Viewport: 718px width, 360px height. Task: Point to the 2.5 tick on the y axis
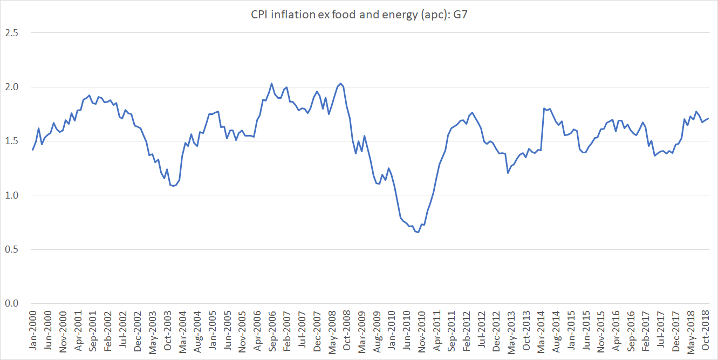(x=12, y=33)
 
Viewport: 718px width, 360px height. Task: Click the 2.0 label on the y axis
(x=12, y=87)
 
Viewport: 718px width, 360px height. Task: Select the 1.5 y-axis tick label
(x=12, y=141)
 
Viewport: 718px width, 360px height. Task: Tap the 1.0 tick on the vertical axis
(x=12, y=195)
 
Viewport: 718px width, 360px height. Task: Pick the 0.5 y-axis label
(x=12, y=249)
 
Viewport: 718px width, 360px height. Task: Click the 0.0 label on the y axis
(x=12, y=303)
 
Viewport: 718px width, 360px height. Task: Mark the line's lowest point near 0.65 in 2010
(x=418, y=233)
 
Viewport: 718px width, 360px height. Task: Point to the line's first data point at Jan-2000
(x=33, y=150)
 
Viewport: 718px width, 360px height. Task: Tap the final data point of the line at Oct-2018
(x=708, y=118)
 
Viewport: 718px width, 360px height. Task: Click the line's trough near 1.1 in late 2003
(x=173, y=186)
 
